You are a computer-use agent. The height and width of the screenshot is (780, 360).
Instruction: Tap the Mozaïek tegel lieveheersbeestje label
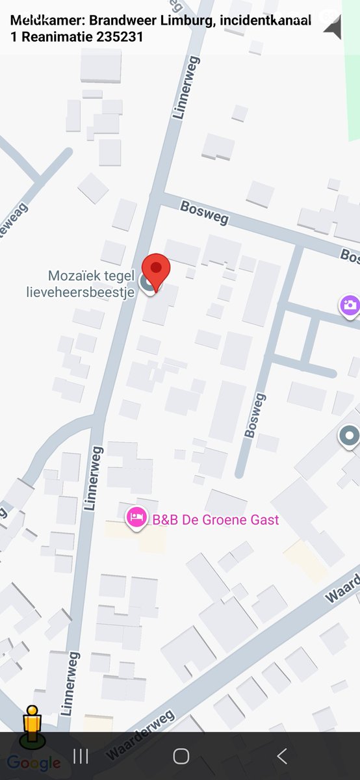pyautogui.click(x=90, y=284)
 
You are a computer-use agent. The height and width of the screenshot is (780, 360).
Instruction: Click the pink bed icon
pyautogui.click(x=135, y=518)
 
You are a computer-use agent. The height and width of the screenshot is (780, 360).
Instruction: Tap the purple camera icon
pyautogui.click(x=350, y=305)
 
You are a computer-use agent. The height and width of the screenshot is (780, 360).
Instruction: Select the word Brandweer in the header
pyautogui.click(x=117, y=20)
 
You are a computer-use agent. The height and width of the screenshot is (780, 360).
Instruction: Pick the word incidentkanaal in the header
pyautogui.click(x=265, y=20)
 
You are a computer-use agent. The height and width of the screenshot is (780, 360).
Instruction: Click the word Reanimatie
pyautogui.click(x=55, y=36)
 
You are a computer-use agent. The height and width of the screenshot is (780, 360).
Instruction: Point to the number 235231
pyautogui.click(x=120, y=36)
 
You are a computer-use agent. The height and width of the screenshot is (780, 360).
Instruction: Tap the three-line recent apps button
pyautogui.click(x=81, y=756)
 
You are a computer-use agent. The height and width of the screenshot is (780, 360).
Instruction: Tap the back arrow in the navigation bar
pyautogui.click(x=281, y=756)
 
